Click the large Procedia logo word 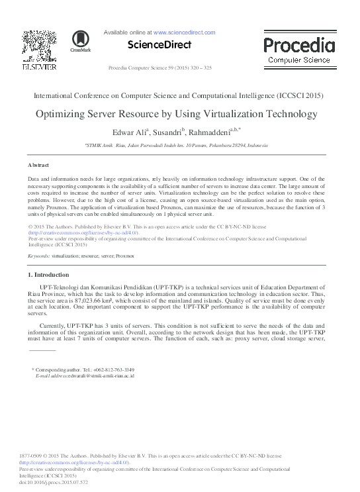pyautogui.click(x=299, y=45)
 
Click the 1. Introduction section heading pyautogui.click(x=48, y=274)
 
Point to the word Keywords pyautogui.click(x=38, y=255)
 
